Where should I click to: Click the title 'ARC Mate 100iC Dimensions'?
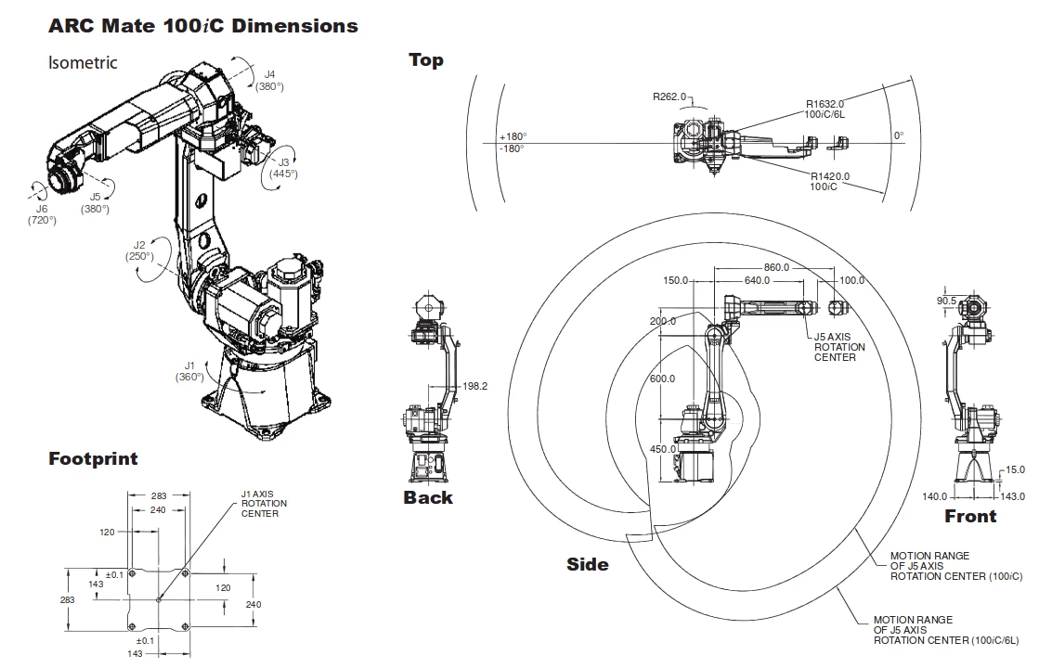click(x=202, y=26)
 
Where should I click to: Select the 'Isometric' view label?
click(x=83, y=63)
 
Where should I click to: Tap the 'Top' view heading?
click(x=426, y=60)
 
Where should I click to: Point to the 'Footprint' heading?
click(x=93, y=458)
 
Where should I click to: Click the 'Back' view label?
click(x=428, y=497)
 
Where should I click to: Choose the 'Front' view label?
click(x=970, y=516)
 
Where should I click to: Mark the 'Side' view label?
click(x=588, y=564)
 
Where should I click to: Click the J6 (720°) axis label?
click(x=42, y=214)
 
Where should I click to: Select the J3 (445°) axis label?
click(x=283, y=167)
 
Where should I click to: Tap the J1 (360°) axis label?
click(x=188, y=371)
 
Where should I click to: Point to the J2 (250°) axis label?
click(x=139, y=250)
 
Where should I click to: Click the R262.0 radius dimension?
click(x=669, y=96)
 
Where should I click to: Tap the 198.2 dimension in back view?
click(x=475, y=386)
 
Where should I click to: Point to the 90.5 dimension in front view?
click(x=946, y=301)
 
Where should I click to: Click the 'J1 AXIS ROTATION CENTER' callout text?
click(x=264, y=504)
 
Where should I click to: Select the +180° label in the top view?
click(x=512, y=135)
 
